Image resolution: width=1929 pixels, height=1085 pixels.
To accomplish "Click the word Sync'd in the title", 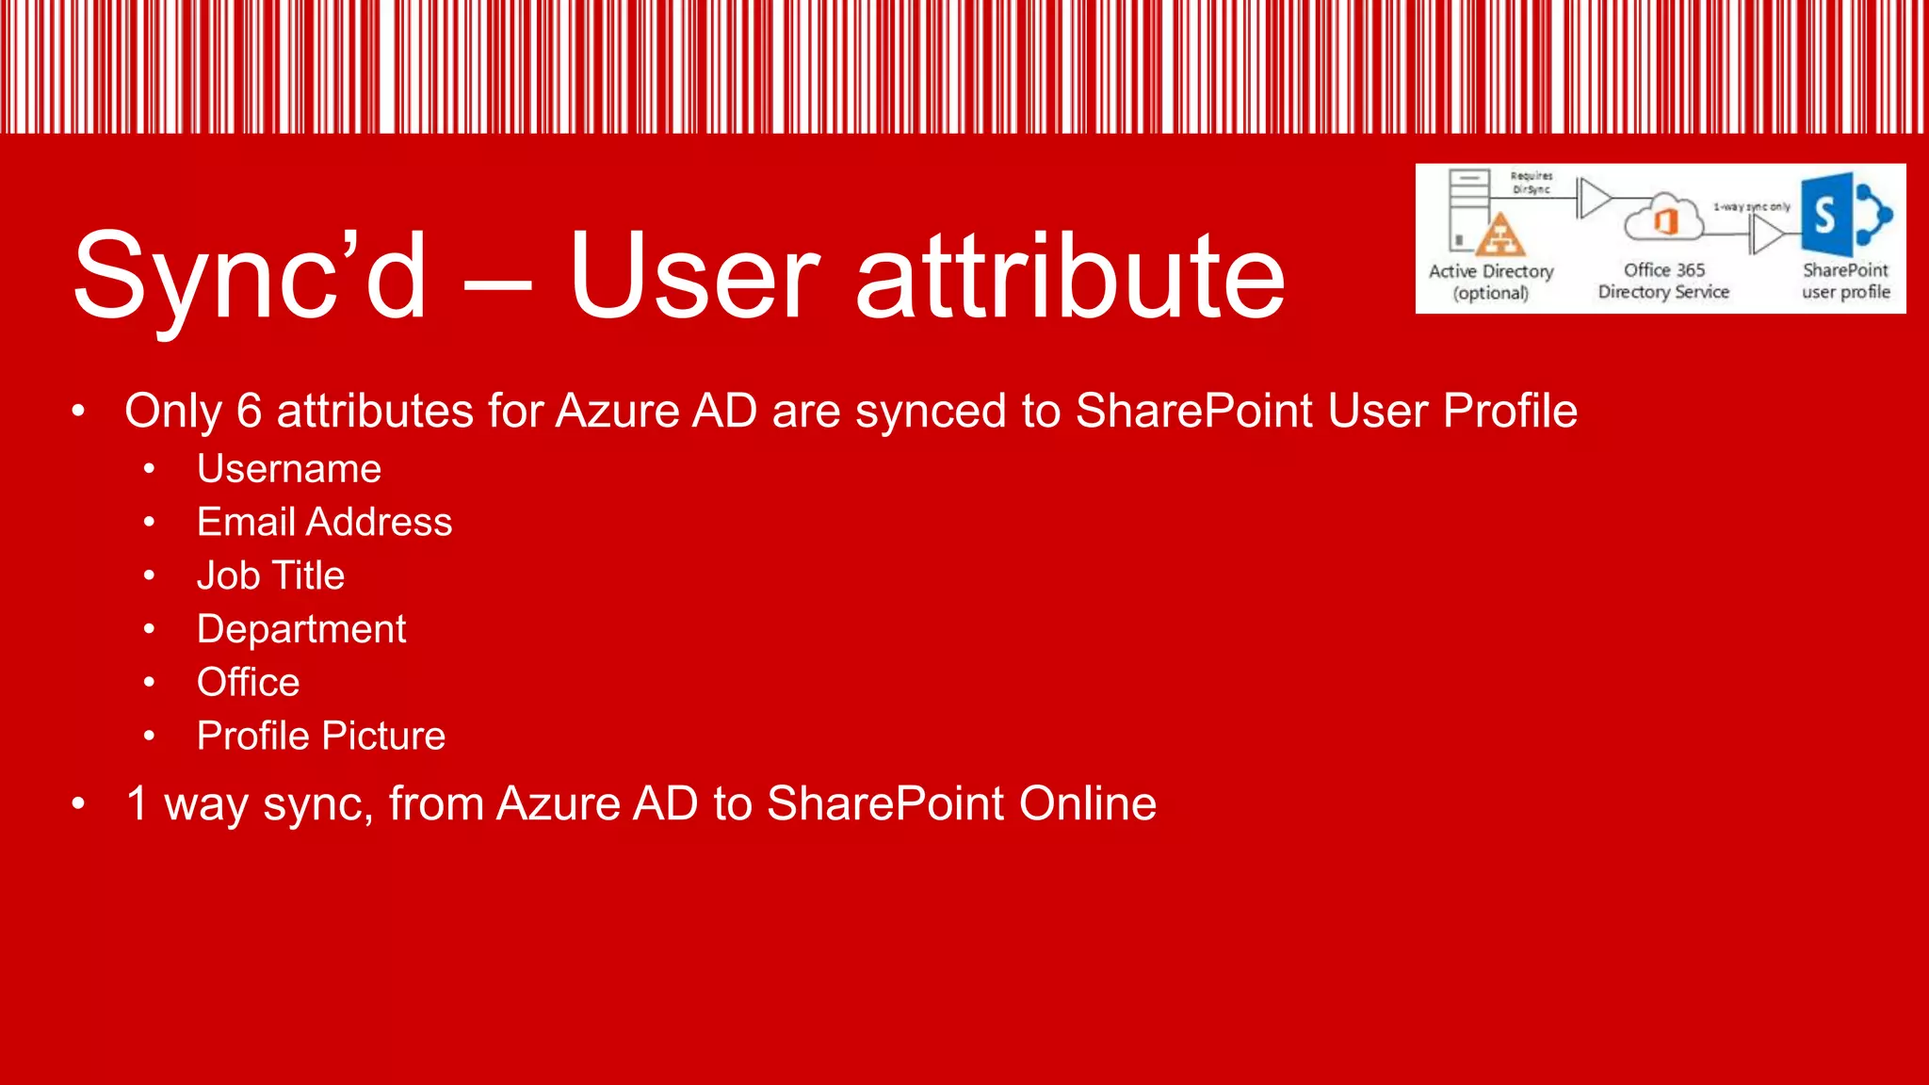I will pyautogui.click(x=250, y=275).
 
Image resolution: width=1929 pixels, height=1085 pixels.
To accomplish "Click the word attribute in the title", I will pyautogui.click(x=1070, y=275).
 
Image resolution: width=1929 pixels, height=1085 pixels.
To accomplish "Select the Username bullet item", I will pyautogui.click(x=289, y=469).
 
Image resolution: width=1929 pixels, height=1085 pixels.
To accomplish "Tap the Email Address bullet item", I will pyautogui.click(x=324, y=522).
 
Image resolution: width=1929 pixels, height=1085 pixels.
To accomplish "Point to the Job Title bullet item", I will pyautogui.click(x=270, y=575).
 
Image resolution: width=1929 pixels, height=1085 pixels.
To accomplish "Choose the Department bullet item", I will pyautogui.click(x=301, y=629).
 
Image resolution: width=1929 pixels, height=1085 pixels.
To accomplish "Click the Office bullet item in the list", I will pyautogui.click(x=248, y=682).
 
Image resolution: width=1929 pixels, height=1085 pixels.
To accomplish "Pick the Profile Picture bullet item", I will pyautogui.click(x=320, y=736).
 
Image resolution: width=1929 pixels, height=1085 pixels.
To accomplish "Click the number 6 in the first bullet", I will pyautogui.click(x=249, y=412).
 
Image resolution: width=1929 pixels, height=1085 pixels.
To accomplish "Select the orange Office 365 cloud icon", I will pyautogui.click(x=1664, y=219).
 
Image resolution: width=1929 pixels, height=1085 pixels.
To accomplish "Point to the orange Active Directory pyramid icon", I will pyautogui.click(x=1499, y=235).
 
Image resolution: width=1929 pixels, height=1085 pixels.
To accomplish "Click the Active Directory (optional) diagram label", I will pyautogui.click(x=1491, y=282).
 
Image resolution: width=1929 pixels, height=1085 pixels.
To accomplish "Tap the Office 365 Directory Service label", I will pyautogui.click(x=1663, y=281).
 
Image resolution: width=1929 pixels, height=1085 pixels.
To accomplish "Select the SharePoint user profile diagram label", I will pyautogui.click(x=1845, y=281).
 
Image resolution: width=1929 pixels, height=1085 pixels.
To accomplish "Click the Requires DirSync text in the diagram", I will pyautogui.click(x=1532, y=183).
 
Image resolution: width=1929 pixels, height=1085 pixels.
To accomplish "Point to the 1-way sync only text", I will pyautogui.click(x=1751, y=206).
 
